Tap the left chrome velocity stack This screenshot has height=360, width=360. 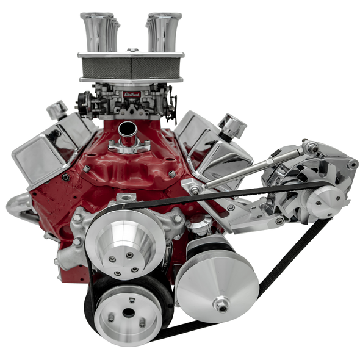click(98, 32)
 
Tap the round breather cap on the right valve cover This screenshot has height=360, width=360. click(232, 125)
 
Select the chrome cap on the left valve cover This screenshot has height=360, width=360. click(57, 110)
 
